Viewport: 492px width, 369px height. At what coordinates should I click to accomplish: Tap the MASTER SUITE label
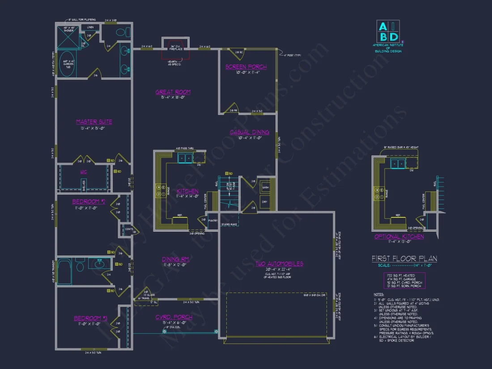click(94, 122)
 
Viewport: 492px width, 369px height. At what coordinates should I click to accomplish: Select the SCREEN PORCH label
click(246, 67)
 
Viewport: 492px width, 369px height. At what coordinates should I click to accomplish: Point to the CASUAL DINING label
click(249, 132)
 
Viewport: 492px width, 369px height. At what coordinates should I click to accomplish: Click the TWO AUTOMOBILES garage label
click(279, 264)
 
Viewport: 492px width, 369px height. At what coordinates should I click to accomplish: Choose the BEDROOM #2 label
click(89, 202)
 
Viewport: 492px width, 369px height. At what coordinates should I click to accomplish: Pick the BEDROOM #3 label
click(90, 318)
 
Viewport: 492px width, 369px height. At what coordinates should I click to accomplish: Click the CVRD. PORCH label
click(174, 317)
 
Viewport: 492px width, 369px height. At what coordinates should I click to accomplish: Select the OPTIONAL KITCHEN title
click(399, 237)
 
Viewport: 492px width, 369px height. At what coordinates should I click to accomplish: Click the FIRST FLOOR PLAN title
click(404, 259)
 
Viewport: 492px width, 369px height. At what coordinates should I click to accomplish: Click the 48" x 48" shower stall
click(68, 38)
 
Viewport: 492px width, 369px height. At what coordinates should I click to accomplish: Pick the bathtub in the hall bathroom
click(64, 271)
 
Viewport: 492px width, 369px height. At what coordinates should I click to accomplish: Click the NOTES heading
click(378, 295)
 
